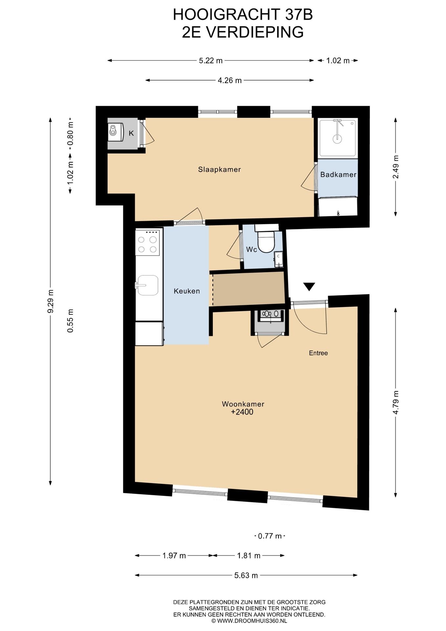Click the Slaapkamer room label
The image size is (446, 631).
pyautogui.click(x=219, y=170)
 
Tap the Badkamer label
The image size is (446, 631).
pyautogui.click(x=338, y=175)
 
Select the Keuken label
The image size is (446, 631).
pyautogui.click(x=187, y=291)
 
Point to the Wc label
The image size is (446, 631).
pyautogui.click(x=252, y=250)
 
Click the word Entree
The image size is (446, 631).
pyautogui.click(x=318, y=353)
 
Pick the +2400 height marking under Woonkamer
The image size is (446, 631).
pyautogui.click(x=242, y=412)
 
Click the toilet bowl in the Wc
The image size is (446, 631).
pyautogui.click(x=266, y=242)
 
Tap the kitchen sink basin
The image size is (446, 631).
pyautogui.click(x=148, y=285)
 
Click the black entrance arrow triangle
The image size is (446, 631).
pyautogui.click(x=309, y=286)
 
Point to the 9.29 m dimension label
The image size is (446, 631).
pyautogui.click(x=51, y=301)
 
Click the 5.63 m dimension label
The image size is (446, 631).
pyautogui.click(x=246, y=575)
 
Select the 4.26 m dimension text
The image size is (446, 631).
pyautogui.click(x=230, y=80)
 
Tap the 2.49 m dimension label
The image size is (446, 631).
pyautogui.click(x=395, y=167)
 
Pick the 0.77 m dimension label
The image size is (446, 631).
pyautogui.click(x=270, y=536)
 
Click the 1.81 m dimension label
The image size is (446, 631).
pyautogui.click(x=249, y=555)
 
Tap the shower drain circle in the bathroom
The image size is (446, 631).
pyautogui.click(x=337, y=139)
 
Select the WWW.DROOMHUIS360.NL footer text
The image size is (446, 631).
pyautogui.click(x=252, y=621)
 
